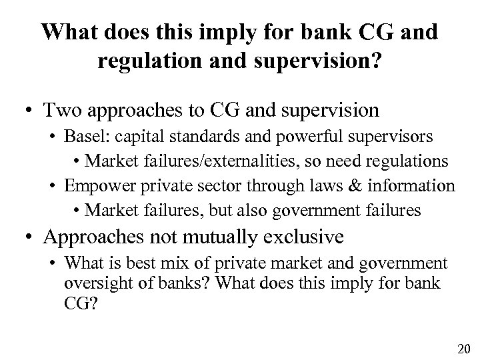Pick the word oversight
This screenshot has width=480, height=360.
point(92,283)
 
